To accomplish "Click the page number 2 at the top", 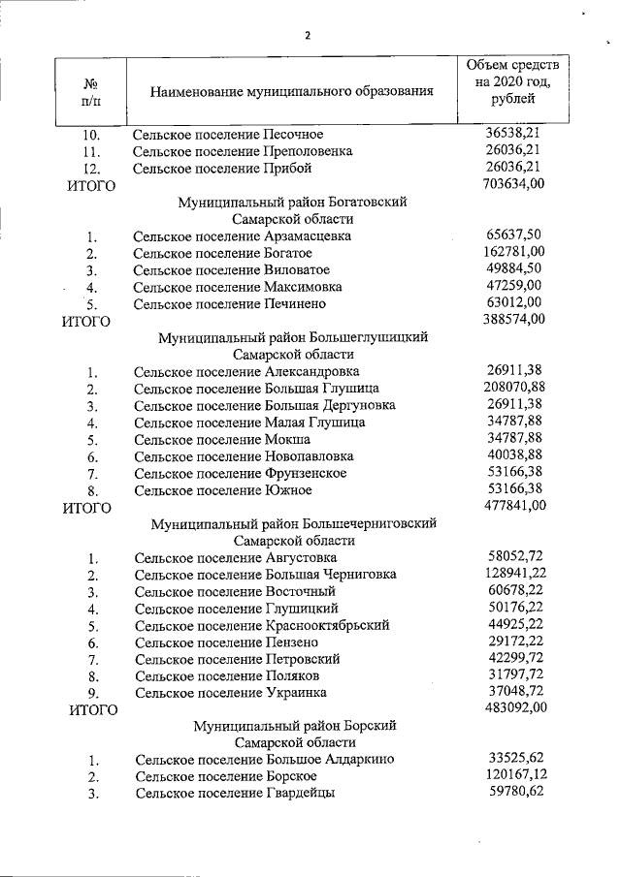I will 308,36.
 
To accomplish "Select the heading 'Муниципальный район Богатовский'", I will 292,202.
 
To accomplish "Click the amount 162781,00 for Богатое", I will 514,252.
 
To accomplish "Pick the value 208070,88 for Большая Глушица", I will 514,388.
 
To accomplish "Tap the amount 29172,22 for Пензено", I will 515,642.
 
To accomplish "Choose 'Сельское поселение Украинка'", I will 231,693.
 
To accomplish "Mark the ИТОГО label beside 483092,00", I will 94,709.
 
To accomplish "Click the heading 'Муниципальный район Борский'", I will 294,725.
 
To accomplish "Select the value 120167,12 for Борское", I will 514,775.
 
